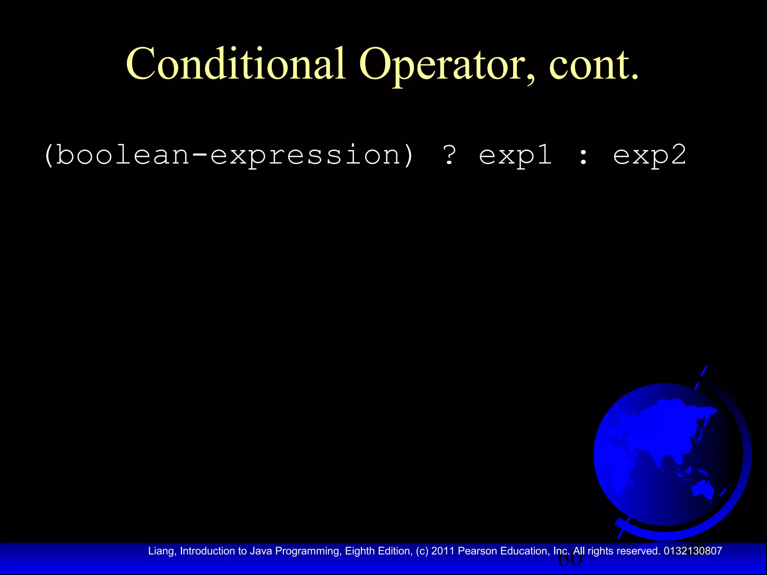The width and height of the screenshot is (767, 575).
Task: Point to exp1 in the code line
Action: coord(516,155)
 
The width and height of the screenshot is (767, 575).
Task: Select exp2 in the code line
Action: coord(650,155)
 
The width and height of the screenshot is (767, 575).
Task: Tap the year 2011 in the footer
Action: coord(443,551)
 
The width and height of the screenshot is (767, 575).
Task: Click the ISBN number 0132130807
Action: coord(692,551)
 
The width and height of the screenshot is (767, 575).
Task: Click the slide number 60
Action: coord(570,560)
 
